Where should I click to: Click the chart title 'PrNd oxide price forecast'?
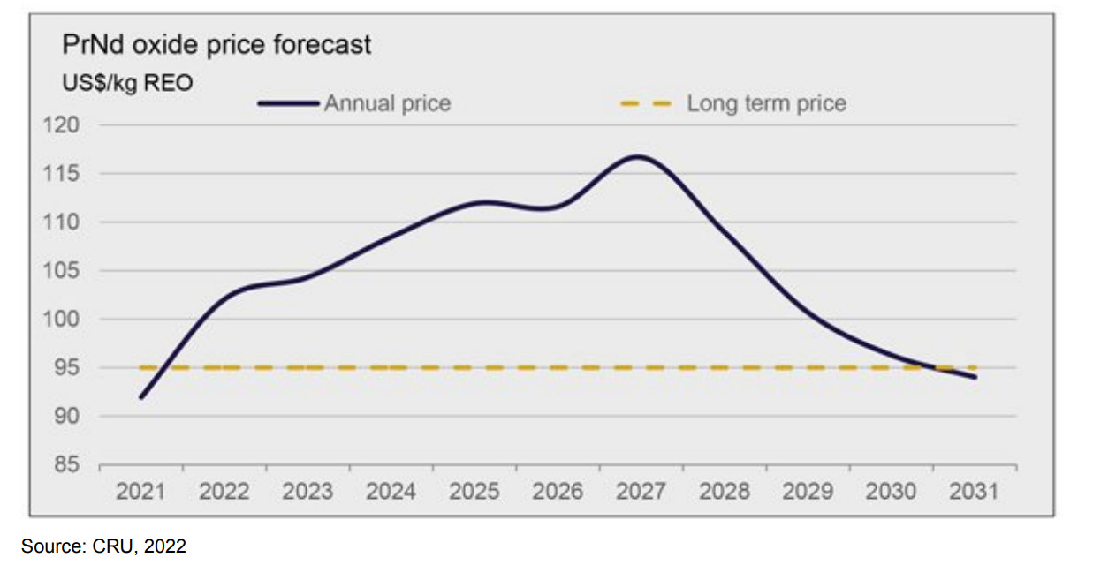(x=216, y=45)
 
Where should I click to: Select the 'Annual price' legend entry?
(x=387, y=104)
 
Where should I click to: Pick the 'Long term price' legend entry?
(x=766, y=104)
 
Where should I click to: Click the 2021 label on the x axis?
(x=140, y=492)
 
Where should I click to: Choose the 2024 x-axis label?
(x=391, y=492)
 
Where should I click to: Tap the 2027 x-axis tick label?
(x=641, y=492)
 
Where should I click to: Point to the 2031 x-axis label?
(x=974, y=492)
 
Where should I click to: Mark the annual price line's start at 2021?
(x=141, y=397)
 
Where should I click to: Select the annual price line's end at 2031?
(x=975, y=377)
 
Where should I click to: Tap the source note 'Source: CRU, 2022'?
(x=104, y=546)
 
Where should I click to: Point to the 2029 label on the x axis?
(x=808, y=492)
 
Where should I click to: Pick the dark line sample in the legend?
(x=288, y=104)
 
